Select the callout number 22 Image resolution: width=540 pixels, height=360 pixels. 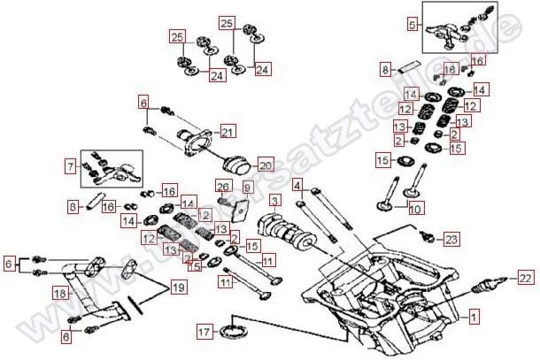(x=526, y=279)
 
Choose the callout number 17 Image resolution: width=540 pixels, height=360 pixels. (x=204, y=333)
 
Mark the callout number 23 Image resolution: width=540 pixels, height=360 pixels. (x=451, y=240)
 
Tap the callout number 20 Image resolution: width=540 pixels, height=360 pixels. (x=266, y=165)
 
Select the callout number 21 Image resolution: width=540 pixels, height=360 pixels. (x=228, y=133)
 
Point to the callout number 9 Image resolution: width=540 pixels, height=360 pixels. (x=247, y=188)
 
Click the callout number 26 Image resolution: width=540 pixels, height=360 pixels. (x=223, y=187)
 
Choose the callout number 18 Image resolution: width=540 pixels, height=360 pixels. (x=60, y=293)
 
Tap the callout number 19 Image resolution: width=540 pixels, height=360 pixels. (x=178, y=287)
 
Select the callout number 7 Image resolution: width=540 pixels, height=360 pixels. (x=70, y=165)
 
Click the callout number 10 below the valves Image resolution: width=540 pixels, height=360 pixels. (x=415, y=210)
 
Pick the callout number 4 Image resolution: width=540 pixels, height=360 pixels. (x=298, y=186)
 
